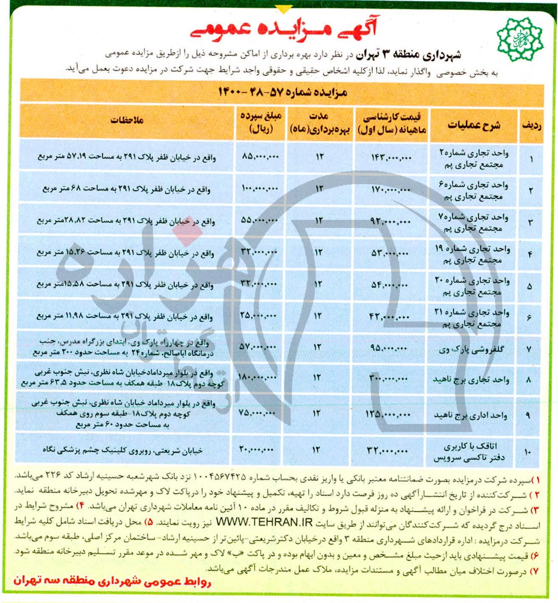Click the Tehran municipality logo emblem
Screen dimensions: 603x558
coord(519,39)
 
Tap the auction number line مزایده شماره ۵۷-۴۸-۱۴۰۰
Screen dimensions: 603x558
coord(283,92)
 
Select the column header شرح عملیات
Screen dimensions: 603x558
coord(474,125)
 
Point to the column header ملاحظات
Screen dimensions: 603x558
coord(127,120)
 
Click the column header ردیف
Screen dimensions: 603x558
coord(531,125)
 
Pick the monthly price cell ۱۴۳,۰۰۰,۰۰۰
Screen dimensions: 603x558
coord(391,158)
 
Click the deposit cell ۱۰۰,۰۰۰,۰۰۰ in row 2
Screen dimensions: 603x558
coord(260,188)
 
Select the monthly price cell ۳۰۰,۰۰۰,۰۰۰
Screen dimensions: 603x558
coord(389,378)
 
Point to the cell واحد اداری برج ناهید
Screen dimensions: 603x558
coord(471,415)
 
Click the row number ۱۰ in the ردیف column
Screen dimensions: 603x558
coord(527,452)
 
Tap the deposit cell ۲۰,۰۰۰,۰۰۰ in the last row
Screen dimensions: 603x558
coord(256,449)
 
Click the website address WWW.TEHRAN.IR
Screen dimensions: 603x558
coord(264,522)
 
